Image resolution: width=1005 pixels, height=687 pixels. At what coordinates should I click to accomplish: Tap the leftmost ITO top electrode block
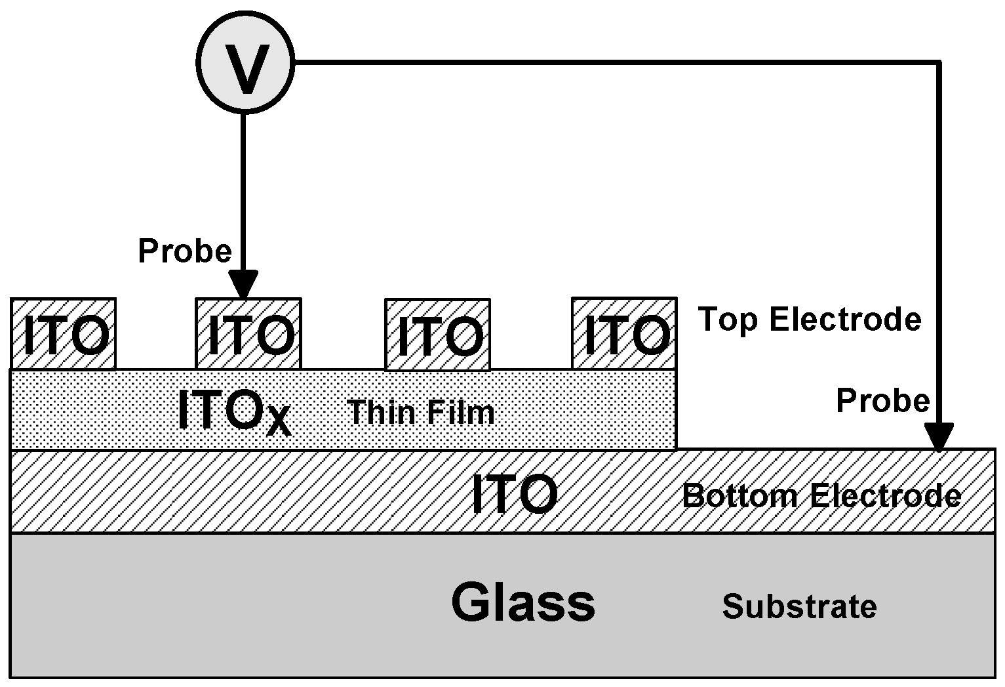point(64,334)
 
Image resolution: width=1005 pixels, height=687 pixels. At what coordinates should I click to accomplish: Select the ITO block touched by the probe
point(248,334)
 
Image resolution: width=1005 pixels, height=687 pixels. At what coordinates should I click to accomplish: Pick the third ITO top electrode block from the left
point(437,335)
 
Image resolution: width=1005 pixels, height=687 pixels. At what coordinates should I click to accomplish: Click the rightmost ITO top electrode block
point(624,333)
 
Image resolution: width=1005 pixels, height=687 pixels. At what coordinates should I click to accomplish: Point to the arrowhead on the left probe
point(244,287)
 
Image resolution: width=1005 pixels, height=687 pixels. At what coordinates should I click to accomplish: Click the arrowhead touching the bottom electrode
point(939,438)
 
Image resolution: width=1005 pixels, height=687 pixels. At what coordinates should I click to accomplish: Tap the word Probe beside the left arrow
point(185,251)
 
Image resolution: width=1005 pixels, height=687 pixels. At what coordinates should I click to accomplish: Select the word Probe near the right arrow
point(882,400)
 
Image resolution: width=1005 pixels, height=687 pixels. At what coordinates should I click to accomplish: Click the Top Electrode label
point(810,320)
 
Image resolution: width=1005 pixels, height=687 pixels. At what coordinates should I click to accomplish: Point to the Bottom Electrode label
point(821,495)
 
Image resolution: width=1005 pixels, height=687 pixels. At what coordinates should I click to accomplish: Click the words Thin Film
point(421,412)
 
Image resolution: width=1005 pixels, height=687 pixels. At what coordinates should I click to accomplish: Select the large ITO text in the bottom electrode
point(515,494)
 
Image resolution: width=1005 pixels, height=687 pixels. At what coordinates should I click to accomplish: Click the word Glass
point(523,602)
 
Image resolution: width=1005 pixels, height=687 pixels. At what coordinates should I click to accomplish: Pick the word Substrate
point(799,606)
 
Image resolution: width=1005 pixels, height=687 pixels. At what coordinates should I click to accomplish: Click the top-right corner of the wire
point(939,63)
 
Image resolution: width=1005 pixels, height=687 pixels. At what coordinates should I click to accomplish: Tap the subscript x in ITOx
point(279,422)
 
